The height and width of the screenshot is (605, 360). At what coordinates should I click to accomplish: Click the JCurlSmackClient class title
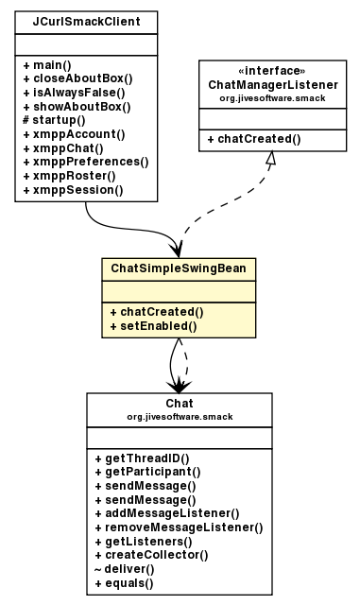(86, 20)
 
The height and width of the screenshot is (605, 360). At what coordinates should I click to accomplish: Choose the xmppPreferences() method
(85, 162)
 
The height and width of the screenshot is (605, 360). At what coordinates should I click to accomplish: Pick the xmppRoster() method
(71, 176)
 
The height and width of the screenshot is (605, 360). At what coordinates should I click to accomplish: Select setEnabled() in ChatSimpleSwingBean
(152, 326)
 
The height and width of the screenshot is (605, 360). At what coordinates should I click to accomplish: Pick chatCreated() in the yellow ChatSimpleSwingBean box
(156, 312)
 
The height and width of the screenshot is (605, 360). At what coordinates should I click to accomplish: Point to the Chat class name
(179, 404)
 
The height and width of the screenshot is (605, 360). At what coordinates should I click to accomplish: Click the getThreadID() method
(142, 457)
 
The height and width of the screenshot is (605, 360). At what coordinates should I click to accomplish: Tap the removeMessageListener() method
(179, 527)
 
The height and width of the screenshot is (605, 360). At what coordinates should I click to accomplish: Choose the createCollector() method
(151, 555)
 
